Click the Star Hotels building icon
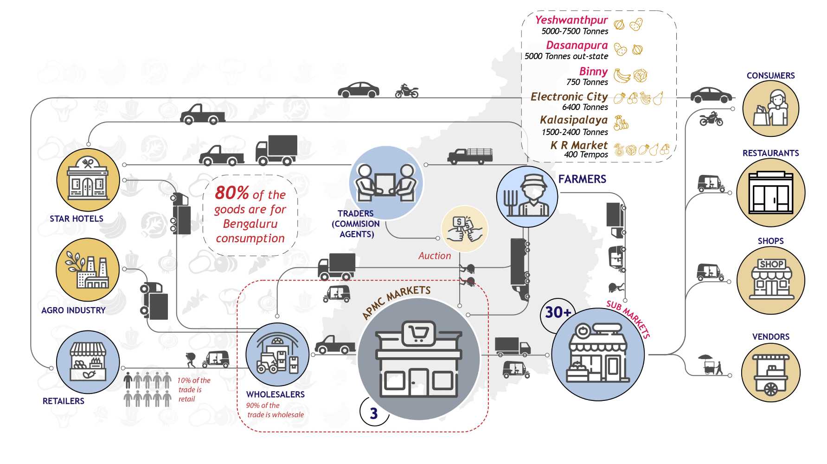[x=88, y=180]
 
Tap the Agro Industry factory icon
[x=88, y=270]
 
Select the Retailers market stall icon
[x=88, y=362]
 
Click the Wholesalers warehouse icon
[x=277, y=355]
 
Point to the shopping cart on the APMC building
[x=418, y=333]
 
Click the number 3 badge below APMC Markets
[x=374, y=413]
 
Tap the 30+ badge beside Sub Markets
[x=558, y=312]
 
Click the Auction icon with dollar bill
[x=464, y=229]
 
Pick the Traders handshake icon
[x=385, y=183]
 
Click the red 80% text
[x=231, y=193]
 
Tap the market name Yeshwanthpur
[x=571, y=20]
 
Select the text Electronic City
[x=569, y=97]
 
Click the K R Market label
[x=578, y=145]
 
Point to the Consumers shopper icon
[x=771, y=109]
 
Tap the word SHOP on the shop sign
[x=771, y=264]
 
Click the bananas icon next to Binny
[x=622, y=75]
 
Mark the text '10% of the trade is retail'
[x=193, y=389]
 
